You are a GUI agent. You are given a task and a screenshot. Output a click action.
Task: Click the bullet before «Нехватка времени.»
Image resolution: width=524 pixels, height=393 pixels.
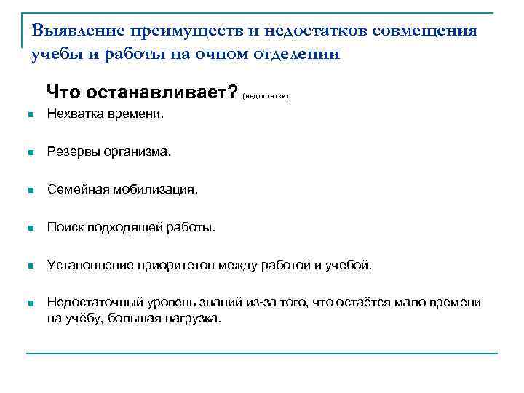[x=30, y=115]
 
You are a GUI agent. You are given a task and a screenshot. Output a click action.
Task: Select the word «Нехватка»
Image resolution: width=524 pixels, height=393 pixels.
[x=72, y=114]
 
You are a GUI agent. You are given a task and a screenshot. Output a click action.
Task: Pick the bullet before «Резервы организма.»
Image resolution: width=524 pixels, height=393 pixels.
[x=30, y=153]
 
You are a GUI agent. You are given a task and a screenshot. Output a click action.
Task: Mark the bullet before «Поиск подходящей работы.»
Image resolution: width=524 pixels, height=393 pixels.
[x=30, y=229]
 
